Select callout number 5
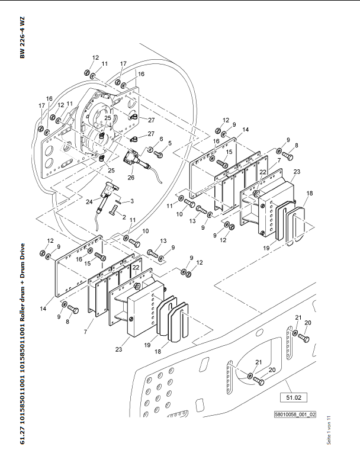pyautogui.click(x=170, y=143)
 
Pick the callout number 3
pyautogui.click(x=132, y=201)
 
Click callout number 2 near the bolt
pyautogui.click(x=124, y=218)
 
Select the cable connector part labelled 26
pyautogui.click(x=131, y=160)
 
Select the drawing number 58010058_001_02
pyautogui.click(x=295, y=415)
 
